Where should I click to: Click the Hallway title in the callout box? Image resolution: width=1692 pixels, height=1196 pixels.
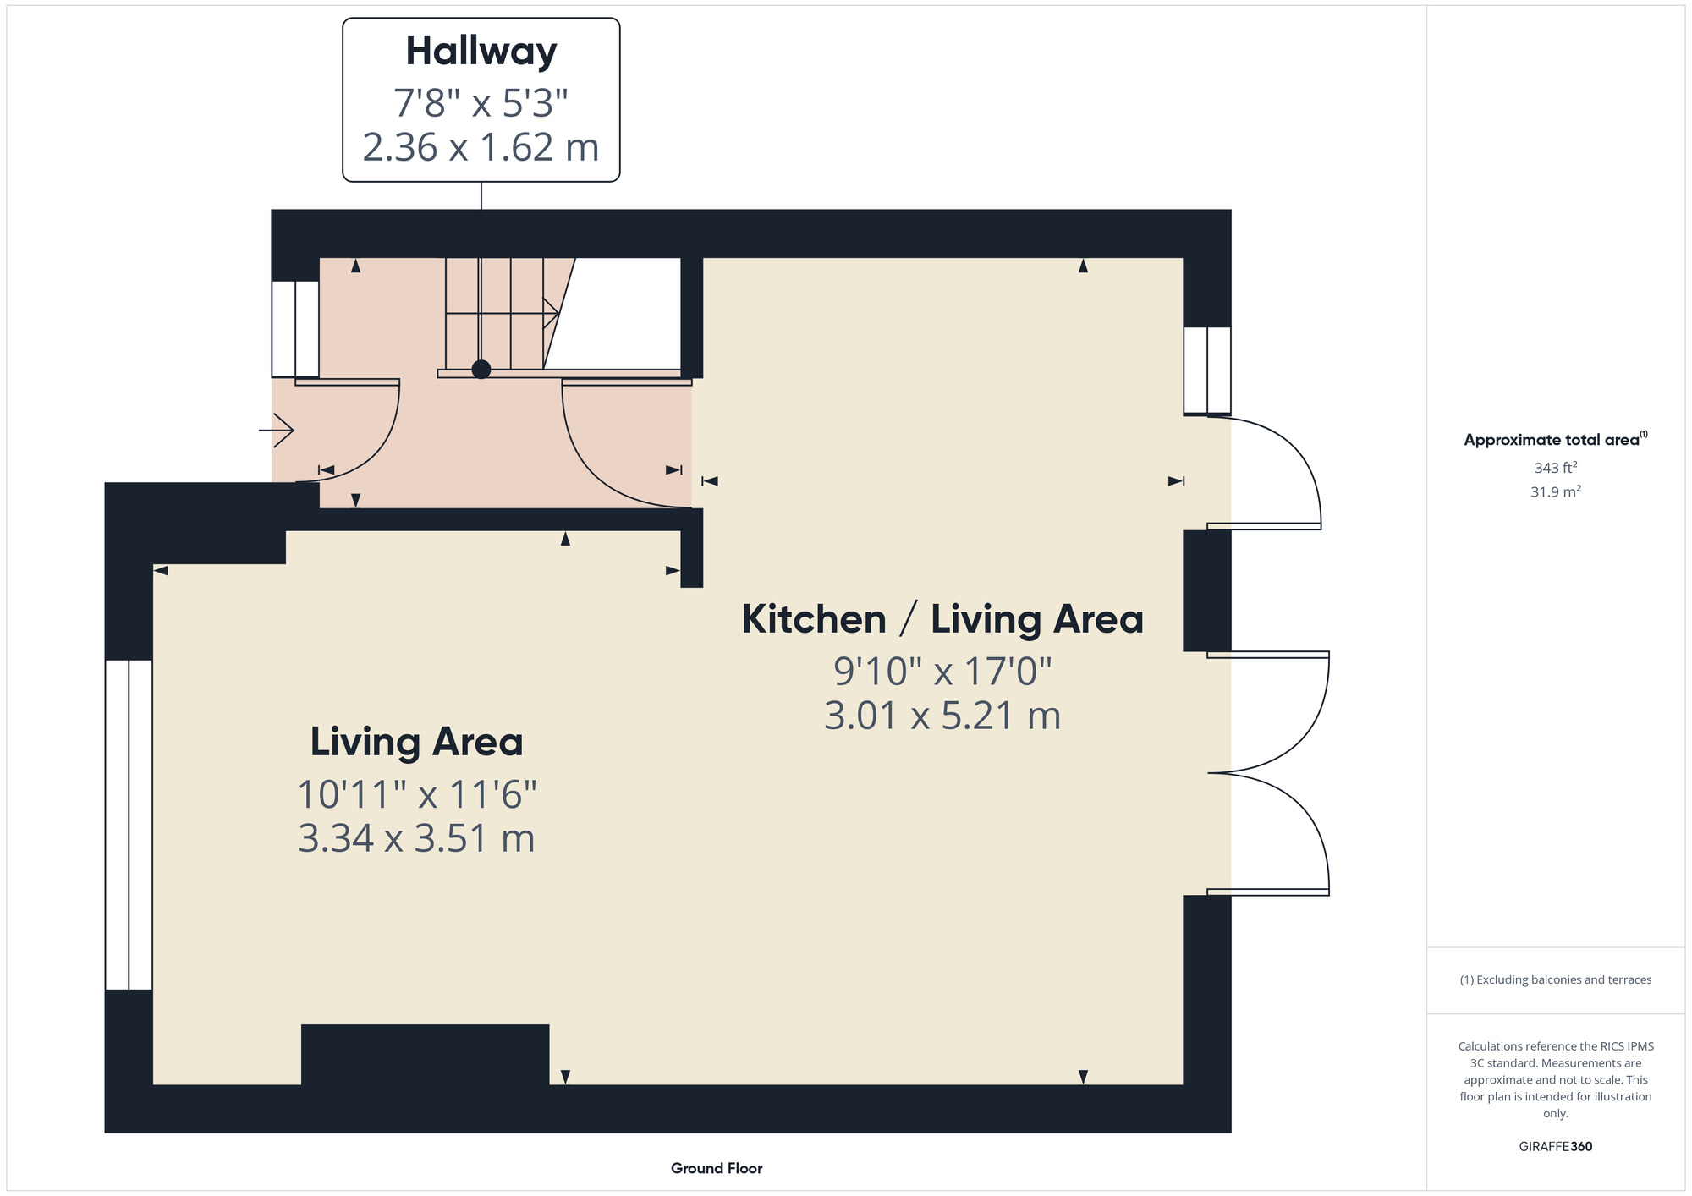click(481, 51)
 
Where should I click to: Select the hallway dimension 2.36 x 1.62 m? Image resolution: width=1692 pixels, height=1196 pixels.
click(481, 147)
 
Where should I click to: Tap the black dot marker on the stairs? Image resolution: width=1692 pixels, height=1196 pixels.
click(481, 369)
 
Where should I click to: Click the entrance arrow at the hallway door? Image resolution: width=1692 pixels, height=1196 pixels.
click(278, 431)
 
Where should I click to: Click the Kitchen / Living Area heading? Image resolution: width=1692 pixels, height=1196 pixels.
click(942, 619)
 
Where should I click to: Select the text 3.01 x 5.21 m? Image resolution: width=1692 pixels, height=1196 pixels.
click(942, 716)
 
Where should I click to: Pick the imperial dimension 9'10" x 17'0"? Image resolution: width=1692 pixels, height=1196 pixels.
click(942, 672)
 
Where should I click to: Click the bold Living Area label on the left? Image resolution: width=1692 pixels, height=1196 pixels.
click(416, 742)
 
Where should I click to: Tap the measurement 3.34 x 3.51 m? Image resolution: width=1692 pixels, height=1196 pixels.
click(416, 839)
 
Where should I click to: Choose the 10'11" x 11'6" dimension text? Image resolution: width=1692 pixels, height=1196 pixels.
click(416, 794)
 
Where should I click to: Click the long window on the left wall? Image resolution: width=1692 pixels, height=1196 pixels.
click(129, 824)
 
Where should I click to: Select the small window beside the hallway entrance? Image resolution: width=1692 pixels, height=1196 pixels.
click(295, 328)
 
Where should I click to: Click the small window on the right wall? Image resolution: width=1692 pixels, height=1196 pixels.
click(1206, 370)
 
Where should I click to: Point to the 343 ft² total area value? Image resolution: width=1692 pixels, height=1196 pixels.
click(1555, 468)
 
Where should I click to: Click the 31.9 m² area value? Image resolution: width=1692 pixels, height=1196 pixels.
click(1555, 491)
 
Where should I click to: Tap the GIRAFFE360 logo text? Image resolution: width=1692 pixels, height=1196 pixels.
click(1555, 1147)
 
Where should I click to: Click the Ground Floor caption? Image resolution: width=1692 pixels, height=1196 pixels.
click(717, 1168)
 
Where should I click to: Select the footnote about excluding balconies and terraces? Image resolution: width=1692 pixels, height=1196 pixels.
click(1555, 979)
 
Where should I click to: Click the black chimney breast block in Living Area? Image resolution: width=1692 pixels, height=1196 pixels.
click(425, 1054)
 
